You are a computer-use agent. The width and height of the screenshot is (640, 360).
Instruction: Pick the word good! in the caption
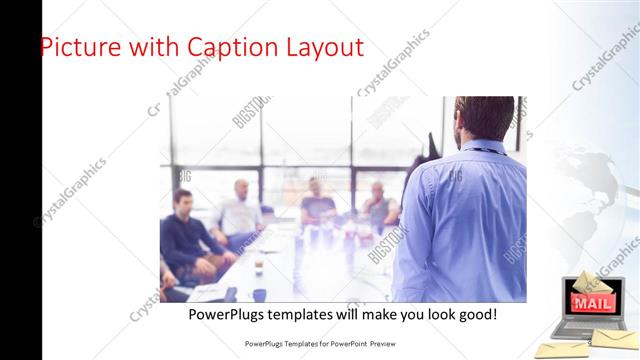tap(475, 315)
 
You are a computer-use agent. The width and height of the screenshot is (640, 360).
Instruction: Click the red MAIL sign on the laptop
tap(591, 303)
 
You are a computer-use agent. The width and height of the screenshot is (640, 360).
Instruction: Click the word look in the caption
tap(436, 315)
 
